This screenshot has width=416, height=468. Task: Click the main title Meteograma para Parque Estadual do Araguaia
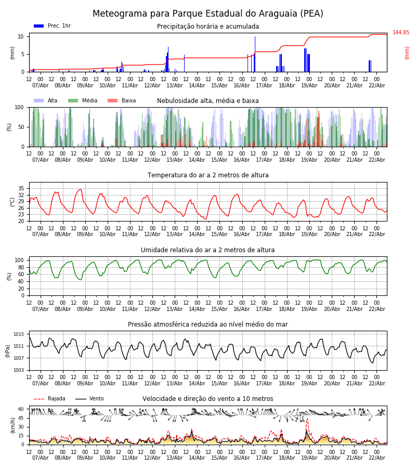(x=208, y=14)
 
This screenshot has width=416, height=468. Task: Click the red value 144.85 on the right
(x=401, y=33)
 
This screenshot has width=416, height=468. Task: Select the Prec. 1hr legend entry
(x=52, y=26)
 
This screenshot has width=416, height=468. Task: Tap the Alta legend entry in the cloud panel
(x=46, y=101)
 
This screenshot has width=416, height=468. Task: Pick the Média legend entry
(x=83, y=101)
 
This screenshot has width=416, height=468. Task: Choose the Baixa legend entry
(x=122, y=101)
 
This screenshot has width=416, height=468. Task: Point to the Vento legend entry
(x=89, y=399)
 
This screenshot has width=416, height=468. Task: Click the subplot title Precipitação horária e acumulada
(x=208, y=27)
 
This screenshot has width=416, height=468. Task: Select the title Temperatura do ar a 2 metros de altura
(x=208, y=175)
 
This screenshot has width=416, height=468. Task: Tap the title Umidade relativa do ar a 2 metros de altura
(x=208, y=250)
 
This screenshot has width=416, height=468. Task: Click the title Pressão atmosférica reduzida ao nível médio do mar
(x=208, y=324)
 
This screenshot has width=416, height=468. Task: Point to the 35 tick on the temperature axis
(x=21, y=189)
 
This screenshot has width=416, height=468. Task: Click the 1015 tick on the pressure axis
(x=19, y=334)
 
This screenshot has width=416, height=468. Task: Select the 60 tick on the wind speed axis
(x=21, y=409)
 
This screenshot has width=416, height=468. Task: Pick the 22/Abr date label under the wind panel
(x=376, y=458)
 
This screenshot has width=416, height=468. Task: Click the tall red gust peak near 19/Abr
(x=307, y=419)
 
